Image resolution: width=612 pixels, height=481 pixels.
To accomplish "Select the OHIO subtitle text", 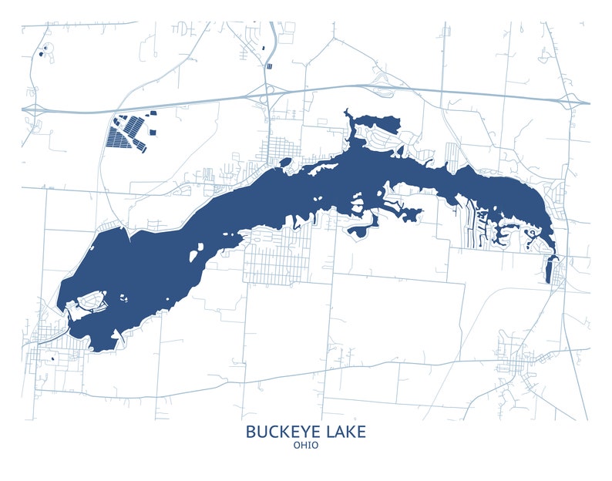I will point(306,446).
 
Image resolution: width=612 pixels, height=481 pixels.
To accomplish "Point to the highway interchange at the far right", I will point(572,101).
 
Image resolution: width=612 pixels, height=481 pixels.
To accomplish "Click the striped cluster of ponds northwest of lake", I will point(127,134).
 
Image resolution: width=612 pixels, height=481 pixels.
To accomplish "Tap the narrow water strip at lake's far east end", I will point(549,270).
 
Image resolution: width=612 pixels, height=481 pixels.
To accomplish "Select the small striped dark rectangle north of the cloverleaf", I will point(269,66).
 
